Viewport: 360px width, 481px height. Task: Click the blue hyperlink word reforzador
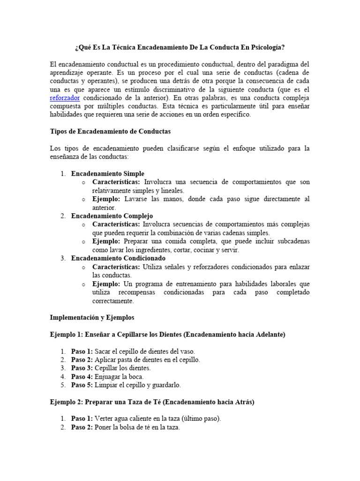point(65,98)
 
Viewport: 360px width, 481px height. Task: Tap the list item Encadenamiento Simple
point(107,173)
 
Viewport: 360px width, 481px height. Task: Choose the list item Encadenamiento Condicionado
point(118,258)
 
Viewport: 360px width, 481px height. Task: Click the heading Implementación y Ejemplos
point(92,318)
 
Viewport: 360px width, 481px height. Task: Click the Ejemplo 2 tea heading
point(152,402)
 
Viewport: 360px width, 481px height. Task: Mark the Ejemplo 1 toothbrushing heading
point(167,334)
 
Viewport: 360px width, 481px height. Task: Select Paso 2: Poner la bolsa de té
point(125,427)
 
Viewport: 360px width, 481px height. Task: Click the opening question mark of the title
point(76,47)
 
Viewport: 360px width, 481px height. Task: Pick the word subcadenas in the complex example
point(293,241)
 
